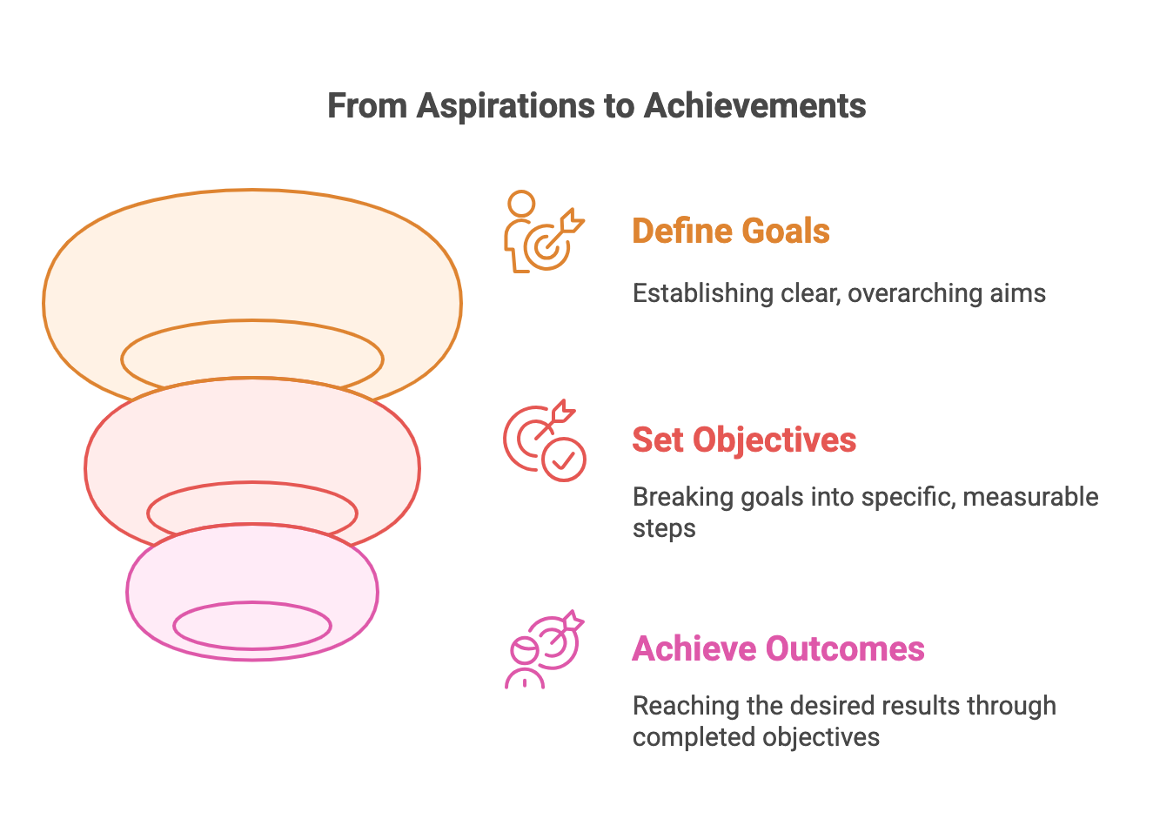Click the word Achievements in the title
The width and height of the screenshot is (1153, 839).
point(754,106)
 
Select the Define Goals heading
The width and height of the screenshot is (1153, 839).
point(730,232)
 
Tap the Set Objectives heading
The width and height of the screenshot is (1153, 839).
point(743,440)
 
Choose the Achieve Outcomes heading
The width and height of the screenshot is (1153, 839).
point(778,649)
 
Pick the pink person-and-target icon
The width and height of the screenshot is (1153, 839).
point(544,649)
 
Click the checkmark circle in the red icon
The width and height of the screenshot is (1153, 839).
point(564,459)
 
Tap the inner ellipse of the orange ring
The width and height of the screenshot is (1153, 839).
point(252,358)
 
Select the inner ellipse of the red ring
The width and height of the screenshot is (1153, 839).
point(252,512)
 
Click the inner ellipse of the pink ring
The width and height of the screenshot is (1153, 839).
point(252,625)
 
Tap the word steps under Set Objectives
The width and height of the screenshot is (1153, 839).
point(663,528)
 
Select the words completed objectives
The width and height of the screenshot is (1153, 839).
point(755,737)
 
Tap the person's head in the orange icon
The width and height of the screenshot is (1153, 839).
point(521,205)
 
